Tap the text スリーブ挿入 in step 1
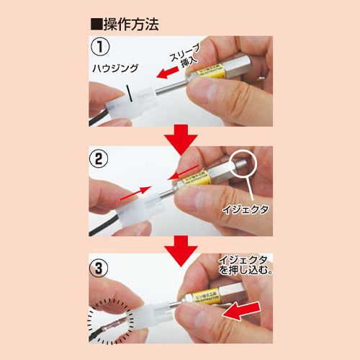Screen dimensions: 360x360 coord(184,57)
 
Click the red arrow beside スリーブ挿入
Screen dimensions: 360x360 coord(167,73)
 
